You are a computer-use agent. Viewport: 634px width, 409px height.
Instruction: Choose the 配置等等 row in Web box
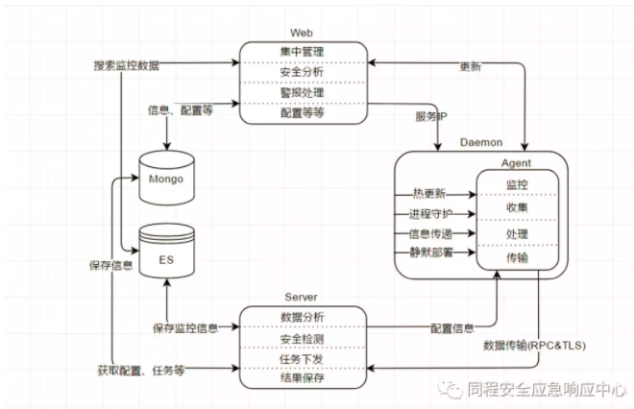pos(302,112)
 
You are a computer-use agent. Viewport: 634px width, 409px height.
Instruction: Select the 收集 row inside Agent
pos(517,207)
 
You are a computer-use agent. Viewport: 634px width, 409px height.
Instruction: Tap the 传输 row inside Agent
pos(517,258)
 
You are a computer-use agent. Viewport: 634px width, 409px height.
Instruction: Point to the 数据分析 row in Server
pos(302,317)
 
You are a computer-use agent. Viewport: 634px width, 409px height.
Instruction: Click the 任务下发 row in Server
pos(302,360)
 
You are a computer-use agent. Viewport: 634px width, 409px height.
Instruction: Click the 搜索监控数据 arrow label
pos(127,65)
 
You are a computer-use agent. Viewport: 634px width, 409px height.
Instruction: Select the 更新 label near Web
pos(471,67)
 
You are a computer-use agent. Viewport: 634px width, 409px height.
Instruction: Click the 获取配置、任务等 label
pos(140,368)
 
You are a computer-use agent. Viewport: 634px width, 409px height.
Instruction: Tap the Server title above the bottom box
pos(302,298)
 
